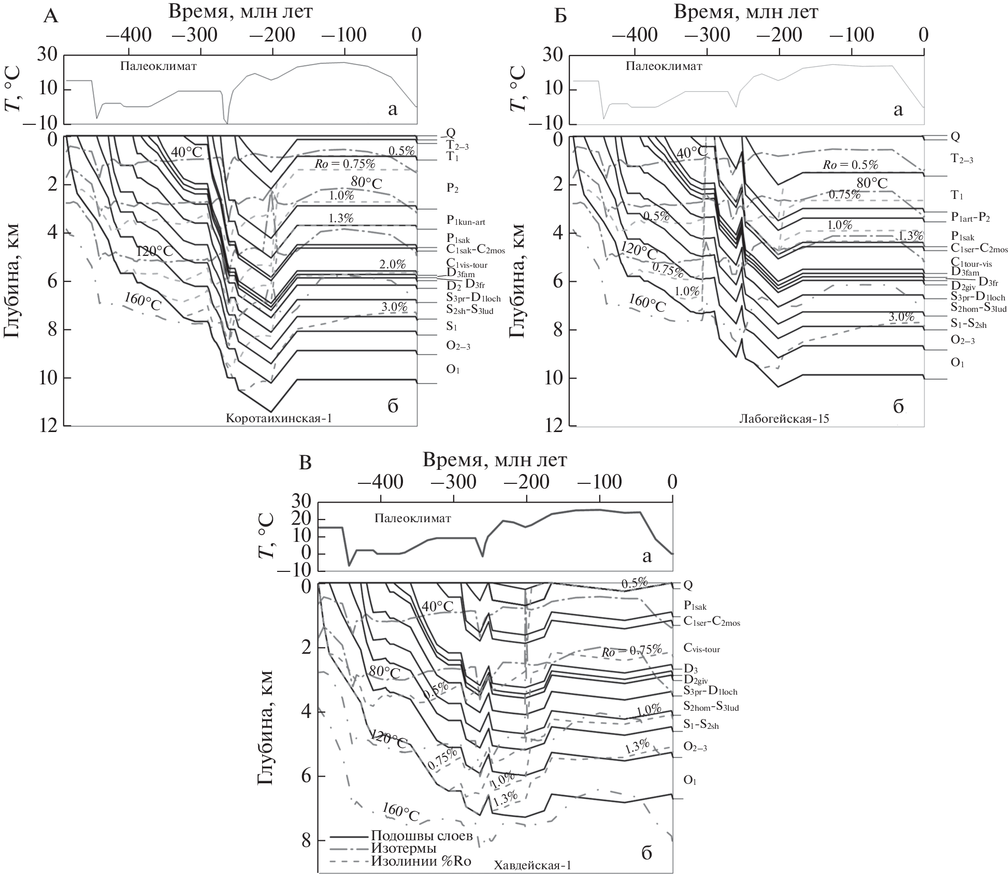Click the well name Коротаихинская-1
coord(279,419)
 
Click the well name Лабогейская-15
coord(784,419)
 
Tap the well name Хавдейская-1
coord(533,865)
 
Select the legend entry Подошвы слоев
coord(421,836)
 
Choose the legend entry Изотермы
coord(404,848)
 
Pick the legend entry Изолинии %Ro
coord(421,860)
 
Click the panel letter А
coord(51,17)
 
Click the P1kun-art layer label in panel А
coord(466,222)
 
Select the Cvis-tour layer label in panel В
coord(701,648)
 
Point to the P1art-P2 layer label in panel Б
coord(970,218)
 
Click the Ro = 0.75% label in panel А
coord(344,164)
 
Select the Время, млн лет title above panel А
coord(240,11)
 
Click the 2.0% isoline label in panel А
coord(393,265)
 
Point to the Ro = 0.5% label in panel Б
coord(851,165)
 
